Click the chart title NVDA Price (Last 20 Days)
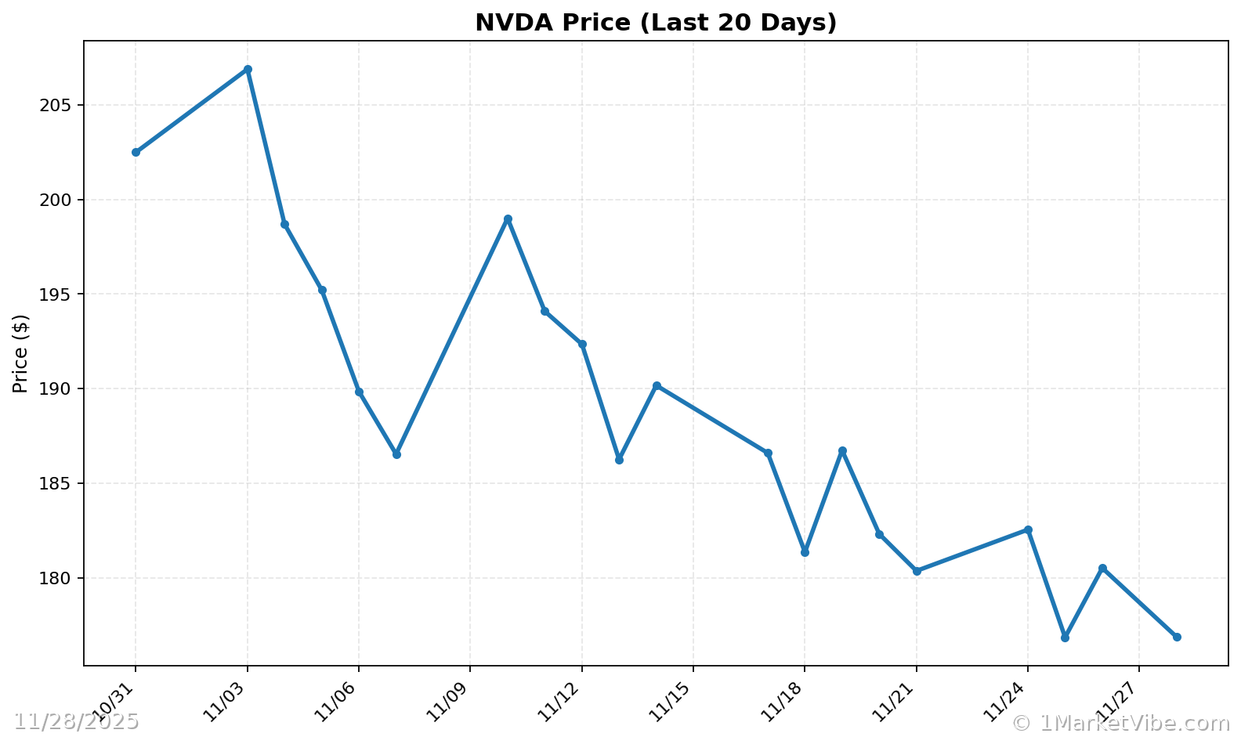click(x=656, y=23)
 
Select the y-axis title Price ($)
click(x=21, y=353)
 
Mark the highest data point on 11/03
click(x=248, y=70)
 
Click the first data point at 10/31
click(x=136, y=153)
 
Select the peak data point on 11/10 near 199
click(x=508, y=219)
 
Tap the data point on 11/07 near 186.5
click(x=396, y=454)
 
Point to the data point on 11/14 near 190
click(x=657, y=385)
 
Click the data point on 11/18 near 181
click(x=805, y=552)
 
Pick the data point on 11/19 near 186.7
click(x=842, y=451)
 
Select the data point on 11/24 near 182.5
click(x=1028, y=529)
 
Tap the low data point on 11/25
click(x=1065, y=638)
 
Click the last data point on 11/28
click(x=1177, y=637)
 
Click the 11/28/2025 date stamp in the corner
click(x=76, y=722)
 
